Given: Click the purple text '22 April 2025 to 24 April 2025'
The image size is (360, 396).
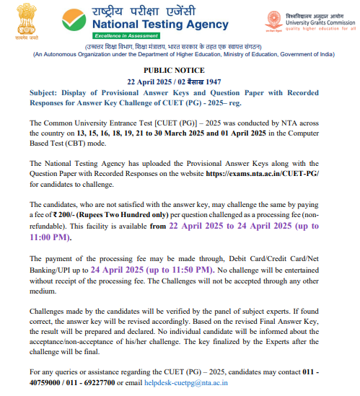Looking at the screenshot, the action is click(236, 226).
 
